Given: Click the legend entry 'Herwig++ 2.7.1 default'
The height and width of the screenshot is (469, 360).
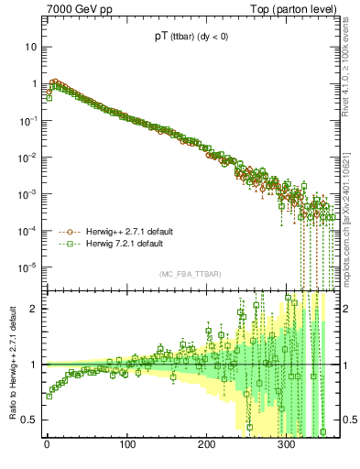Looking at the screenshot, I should pyautogui.click(x=123, y=232).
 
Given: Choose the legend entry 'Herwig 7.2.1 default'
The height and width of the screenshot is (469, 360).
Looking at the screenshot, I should pyautogui.click(x=118, y=245).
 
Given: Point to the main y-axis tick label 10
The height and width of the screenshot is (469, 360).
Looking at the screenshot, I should pyautogui.click(x=33, y=47).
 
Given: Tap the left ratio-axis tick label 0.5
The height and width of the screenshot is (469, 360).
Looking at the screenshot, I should pyautogui.click(x=32, y=420).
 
